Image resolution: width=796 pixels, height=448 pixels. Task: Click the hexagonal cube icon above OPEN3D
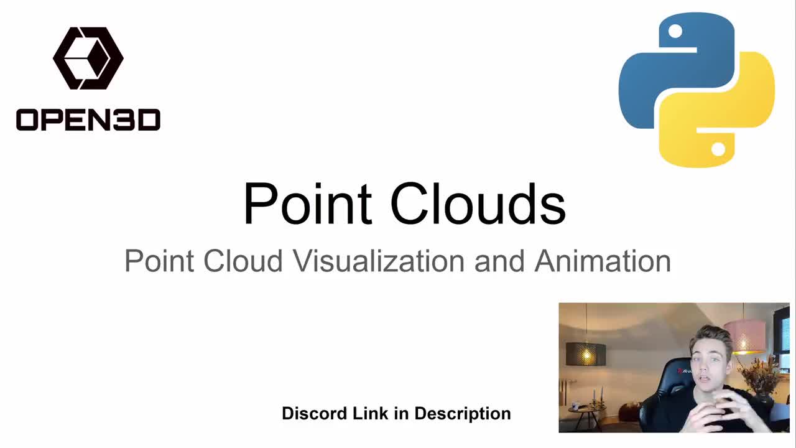click(x=88, y=58)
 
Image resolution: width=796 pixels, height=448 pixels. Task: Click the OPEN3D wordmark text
click(x=88, y=119)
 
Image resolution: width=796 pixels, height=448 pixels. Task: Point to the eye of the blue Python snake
click(x=675, y=31)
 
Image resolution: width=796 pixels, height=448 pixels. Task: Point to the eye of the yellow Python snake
click(x=718, y=149)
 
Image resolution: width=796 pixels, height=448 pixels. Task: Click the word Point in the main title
click(x=308, y=203)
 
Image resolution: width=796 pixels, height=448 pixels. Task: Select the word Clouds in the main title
click(x=478, y=203)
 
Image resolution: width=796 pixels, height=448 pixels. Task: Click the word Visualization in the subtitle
click(x=379, y=261)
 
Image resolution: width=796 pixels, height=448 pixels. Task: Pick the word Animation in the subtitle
click(x=603, y=261)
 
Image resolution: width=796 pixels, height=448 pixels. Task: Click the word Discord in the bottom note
click(x=315, y=414)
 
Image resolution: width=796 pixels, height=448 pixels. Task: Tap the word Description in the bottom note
click(x=462, y=414)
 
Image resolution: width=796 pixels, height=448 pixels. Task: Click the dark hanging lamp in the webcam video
click(x=586, y=354)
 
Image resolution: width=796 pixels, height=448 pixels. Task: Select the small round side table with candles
click(x=585, y=411)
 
